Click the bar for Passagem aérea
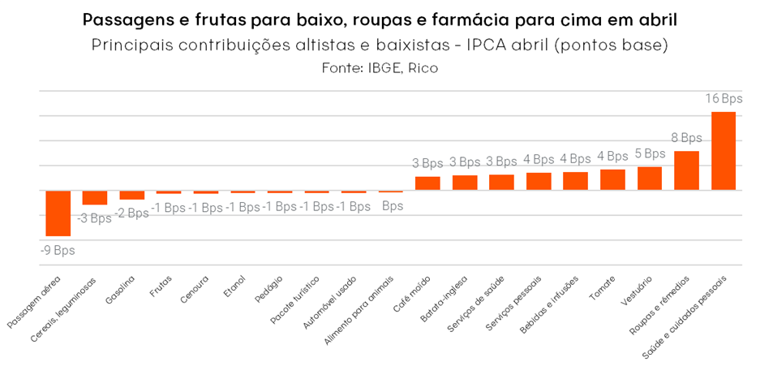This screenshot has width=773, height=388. coord(58,213)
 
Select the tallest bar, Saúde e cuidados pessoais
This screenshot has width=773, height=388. coord(723,150)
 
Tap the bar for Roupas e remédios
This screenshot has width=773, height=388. coord(686,170)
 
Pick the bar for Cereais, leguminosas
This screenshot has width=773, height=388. coord(95,197)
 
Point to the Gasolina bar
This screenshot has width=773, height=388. coord(131,195)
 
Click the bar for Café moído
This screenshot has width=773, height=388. coord(427,183)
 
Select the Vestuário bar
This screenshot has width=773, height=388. coord(649,178)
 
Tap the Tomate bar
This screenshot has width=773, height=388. coord(612,179)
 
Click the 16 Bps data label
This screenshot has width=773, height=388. coord(724,99)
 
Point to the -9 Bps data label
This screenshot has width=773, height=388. coord(58,250)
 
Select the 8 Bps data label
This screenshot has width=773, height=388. coord(686,138)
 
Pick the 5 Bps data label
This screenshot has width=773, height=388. coord(650,153)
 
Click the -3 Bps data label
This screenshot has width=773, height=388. coord(95,218)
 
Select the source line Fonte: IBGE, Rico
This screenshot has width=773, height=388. coord(380,68)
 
